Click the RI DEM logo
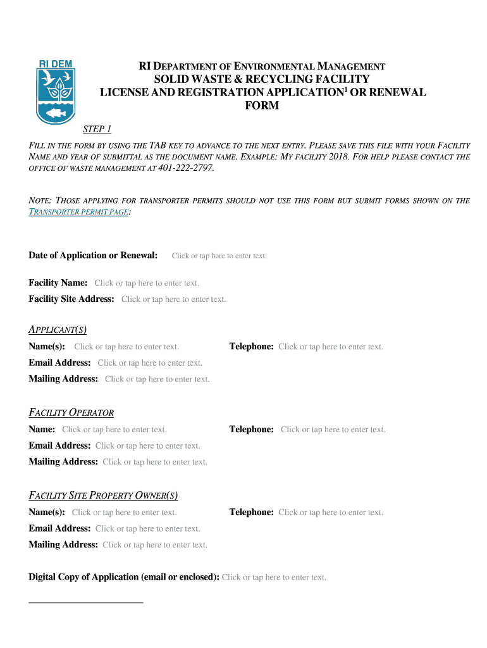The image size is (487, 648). (56, 92)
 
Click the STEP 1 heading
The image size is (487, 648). (97, 130)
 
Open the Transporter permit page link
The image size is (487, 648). (79, 212)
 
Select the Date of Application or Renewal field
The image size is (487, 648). (219, 256)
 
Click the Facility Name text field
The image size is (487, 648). (147, 283)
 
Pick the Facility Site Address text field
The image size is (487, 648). (173, 299)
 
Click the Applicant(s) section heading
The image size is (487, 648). (58, 330)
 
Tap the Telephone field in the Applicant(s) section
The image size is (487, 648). (331, 347)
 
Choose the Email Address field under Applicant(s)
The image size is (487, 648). (150, 363)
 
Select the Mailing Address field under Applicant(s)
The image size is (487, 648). (157, 380)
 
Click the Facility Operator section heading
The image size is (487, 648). (71, 413)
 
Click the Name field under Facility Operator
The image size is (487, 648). (114, 430)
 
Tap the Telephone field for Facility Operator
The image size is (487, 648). (333, 430)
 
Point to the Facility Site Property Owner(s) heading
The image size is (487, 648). (108, 495)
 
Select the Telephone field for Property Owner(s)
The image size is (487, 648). (331, 513)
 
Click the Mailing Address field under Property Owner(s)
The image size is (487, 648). (155, 545)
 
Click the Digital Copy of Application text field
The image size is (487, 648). (274, 577)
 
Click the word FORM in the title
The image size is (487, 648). (261, 106)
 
